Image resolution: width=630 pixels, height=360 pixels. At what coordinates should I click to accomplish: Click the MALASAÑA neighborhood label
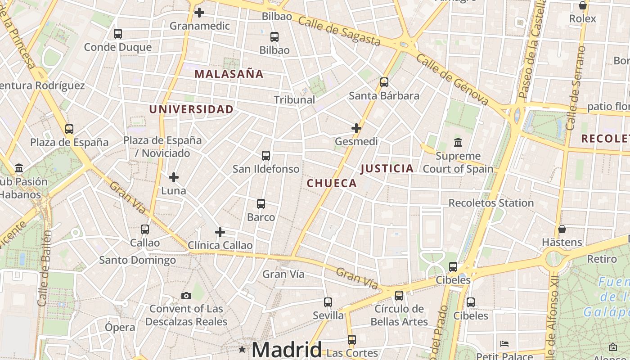pyautogui.click(x=229, y=74)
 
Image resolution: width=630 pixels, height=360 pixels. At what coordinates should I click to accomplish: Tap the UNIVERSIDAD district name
pyautogui.click(x=191, y=109)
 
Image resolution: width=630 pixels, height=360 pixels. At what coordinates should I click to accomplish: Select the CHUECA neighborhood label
pyautogui.click(x=332, y=183)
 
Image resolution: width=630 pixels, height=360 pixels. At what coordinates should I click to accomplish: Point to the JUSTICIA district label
pyautogui.click(x=387, y=169)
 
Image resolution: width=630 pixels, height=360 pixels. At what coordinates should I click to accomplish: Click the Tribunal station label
pyautogui.click(x=294, y=100)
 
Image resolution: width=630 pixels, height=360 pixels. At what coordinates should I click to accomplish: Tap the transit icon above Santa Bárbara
pyautogui.click(x=384, y=82)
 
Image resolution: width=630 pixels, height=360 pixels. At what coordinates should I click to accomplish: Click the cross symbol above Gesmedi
pyautogui.click(x=356, y=128)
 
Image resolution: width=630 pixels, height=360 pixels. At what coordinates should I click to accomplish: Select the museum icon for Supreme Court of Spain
pyautogui.click(x=458, y=143)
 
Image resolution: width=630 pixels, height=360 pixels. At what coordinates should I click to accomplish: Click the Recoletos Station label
pyautogui.click(x=491, y=203)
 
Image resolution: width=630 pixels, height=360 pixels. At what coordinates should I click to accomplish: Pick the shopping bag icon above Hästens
pyautogui.click(x=562, y=229)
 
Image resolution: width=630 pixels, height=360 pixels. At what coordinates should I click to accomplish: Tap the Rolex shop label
pyautogui.click(x=582, y=19)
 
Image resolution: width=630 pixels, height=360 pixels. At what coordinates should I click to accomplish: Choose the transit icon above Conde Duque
pyautogui.click(x=118, y=34)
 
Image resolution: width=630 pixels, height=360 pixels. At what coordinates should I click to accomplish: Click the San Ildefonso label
pyautogui.click(x=265, y=169)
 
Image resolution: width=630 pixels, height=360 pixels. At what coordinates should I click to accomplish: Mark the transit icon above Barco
pyautogui.click(x=261, y=204)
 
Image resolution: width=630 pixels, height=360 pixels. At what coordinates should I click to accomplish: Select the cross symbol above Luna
pyautogui.click(x=174, y=177)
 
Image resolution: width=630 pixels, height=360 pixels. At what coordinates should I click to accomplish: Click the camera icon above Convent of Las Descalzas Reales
pyautogui.click(x=186, y=296)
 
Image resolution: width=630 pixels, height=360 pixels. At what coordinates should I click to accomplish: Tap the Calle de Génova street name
pyautogui.click(x=452, y=79)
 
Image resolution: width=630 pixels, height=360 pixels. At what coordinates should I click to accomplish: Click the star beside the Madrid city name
pyautogui.click(x=242, y=349)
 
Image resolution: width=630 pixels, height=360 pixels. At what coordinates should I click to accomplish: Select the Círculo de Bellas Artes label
pyautogui.click(x=399, y=315)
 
